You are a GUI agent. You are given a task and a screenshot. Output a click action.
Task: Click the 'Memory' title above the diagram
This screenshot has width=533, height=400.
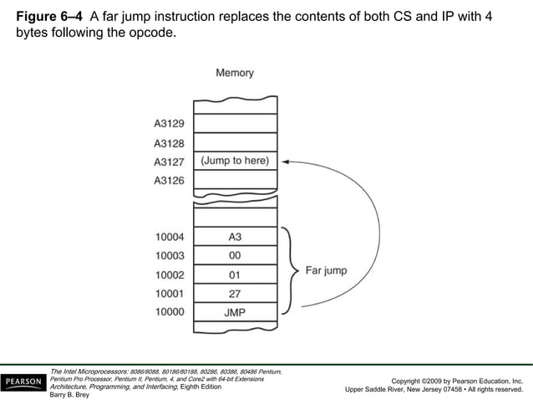coord(235,74)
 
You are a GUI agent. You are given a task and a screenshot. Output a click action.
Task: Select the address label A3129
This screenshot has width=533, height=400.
coord(169,124)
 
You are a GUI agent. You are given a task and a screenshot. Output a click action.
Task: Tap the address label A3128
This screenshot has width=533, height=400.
coord(169,143)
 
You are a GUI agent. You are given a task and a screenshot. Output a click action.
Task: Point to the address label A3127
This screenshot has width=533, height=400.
coord(169,162)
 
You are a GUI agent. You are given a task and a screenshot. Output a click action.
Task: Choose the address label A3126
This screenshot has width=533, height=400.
coord(169,181)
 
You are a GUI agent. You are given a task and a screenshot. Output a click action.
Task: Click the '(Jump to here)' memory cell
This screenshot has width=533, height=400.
coord(235,161)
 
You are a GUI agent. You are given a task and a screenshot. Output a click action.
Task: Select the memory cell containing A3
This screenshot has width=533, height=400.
coord(235,237)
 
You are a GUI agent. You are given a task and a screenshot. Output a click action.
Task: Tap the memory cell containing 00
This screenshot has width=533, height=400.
coord(235,256)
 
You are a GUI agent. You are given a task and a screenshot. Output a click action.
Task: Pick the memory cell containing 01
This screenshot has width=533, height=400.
coord(235,274)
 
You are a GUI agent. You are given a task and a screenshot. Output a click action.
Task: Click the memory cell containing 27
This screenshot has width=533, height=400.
coord(235,294)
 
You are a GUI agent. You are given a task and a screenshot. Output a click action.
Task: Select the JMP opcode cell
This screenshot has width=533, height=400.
coord(235,313)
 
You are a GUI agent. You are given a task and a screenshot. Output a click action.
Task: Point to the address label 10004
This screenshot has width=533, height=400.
coord(169,237)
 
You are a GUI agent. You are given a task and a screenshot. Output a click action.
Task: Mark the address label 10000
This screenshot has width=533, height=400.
coord(169,313)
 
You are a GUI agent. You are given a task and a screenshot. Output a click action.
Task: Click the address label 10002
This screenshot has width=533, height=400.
coord(169,274)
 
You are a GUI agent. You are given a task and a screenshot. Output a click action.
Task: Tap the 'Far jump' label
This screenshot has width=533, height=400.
coord(325,271)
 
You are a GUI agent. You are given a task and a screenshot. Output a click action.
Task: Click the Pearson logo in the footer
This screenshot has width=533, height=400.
coord(24,382)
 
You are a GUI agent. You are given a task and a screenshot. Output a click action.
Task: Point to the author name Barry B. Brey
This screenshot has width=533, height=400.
coord(70,395)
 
